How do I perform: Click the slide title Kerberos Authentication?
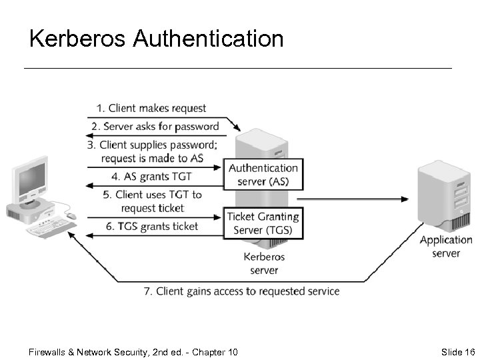pos(157,39)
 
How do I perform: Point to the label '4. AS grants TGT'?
pos(151,177)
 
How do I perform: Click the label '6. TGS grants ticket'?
pos(152,227)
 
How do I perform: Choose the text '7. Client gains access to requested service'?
pos(242,291)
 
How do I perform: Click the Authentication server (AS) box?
pos(263,175)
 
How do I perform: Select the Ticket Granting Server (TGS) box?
pos(263,223)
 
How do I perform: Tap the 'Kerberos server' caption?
pos(264,263)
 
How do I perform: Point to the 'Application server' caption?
pos(445,246)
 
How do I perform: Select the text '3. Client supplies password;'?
pos(158,145)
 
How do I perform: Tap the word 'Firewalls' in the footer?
pos(49,352)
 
